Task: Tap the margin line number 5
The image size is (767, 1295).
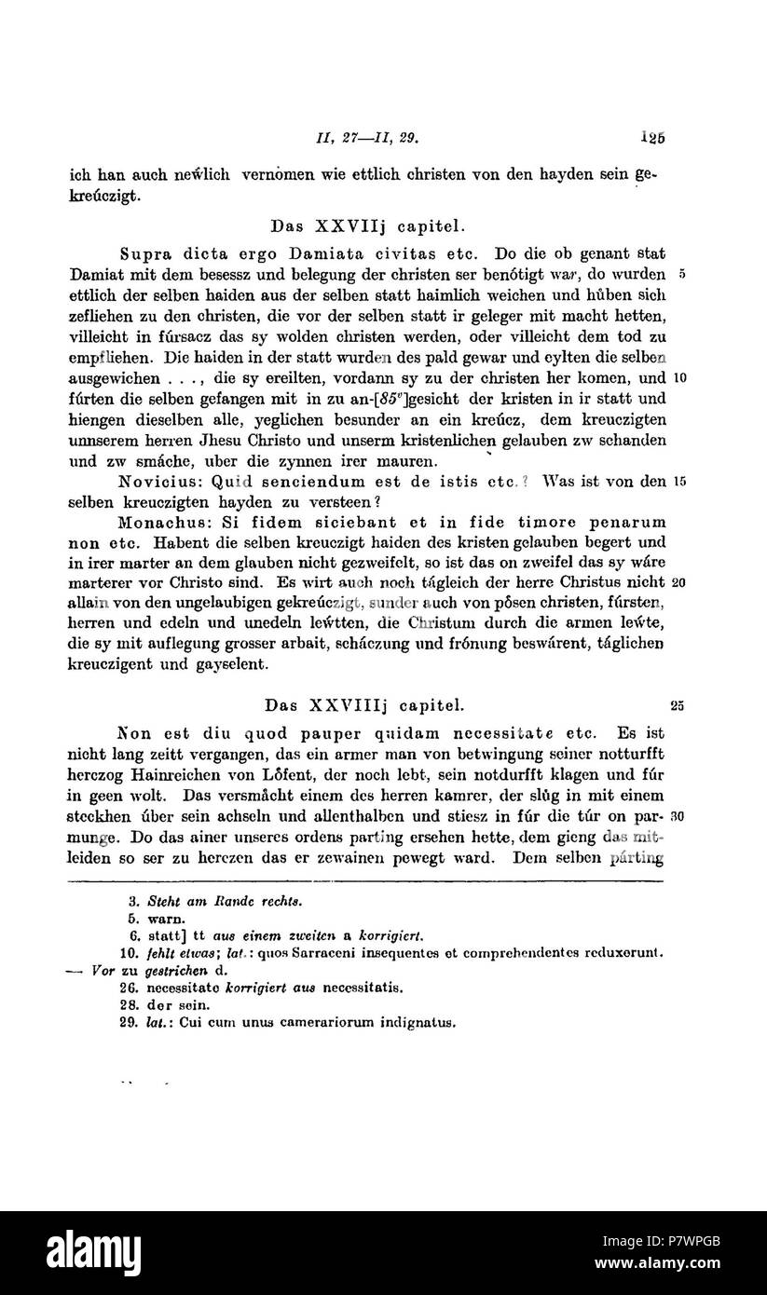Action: coord(683,276)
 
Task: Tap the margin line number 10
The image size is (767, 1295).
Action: coord(679,378)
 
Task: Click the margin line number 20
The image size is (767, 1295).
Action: coord(679,583)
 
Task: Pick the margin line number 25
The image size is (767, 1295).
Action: coord(678,705)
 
